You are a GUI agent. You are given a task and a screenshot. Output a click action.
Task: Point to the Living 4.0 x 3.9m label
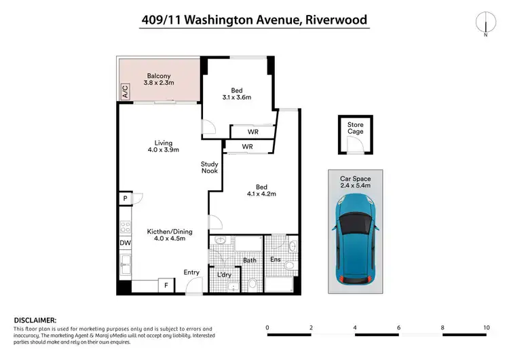pyautogui.click(x=163, y=146)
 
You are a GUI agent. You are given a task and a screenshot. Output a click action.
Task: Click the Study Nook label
pyautogui.click(x=210, y=167)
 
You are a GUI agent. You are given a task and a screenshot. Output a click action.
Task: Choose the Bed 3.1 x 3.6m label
pyautogui.click(x=237, y=93)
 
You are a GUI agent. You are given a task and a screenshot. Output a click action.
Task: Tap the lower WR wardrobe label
pyautogui.click(x=248, y=147)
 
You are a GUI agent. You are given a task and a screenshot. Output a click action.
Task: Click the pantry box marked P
pyautogui.click(x=125, y=198)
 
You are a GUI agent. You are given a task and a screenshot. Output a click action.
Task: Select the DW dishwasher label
pyautogui.click(x=126, y=242)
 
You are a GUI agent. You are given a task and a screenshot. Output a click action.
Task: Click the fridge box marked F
pyautogui.click(x=166, y=286)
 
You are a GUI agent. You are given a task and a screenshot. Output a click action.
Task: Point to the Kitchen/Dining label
pyautogui.click(x=166, y=234)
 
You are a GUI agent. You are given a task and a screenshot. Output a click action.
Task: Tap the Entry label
pyautogui.click(x=191, y=272)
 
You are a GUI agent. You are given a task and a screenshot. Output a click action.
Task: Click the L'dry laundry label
pyautogui.click(x=223, y=274)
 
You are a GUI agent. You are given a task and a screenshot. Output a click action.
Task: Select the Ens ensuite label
pyautogui.click(x=276, y=259)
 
